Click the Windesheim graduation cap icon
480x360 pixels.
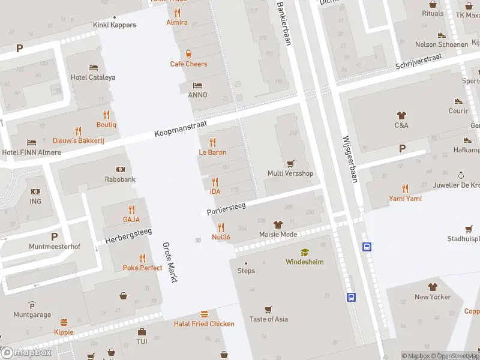coord(304,253)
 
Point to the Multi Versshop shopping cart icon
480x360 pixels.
coord(291,164)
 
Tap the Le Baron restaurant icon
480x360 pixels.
coord(212,143)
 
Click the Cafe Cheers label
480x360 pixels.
coord(188,64)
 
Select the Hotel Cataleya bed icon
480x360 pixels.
coord(93,67)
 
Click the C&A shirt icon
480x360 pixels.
coord(401,115)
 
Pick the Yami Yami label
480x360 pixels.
coord(405,199)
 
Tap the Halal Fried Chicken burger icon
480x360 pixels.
coord(204,314)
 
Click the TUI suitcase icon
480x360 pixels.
coord(142,332)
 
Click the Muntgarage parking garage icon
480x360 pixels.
coord(32,305)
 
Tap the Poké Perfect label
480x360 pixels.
coord(142,268)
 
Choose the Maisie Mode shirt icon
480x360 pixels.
coord(277,224)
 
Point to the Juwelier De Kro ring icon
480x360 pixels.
coord(461,175)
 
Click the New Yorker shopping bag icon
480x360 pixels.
coord(432,287)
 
